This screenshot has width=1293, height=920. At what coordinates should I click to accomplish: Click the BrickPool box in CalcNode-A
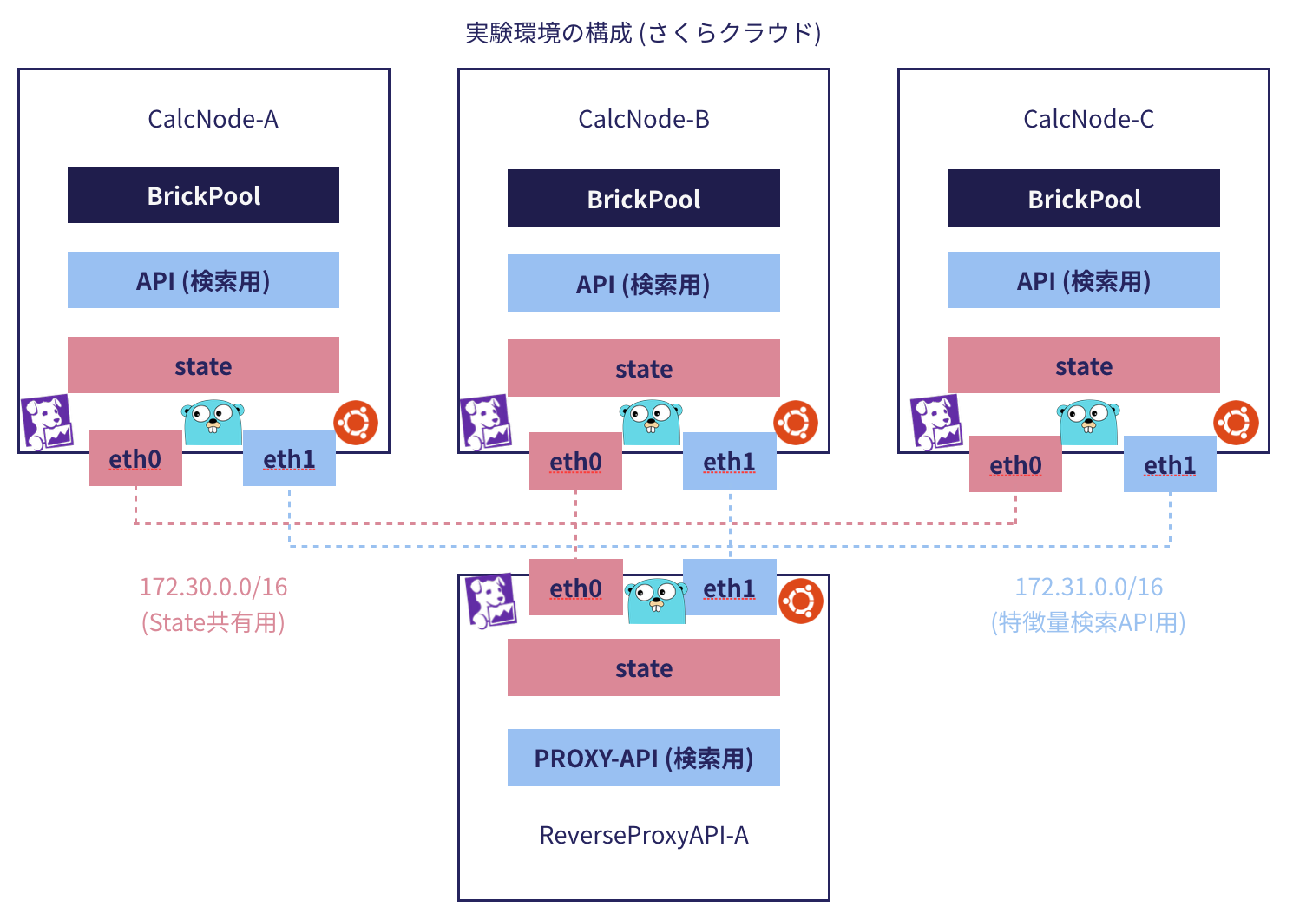click(203, 195)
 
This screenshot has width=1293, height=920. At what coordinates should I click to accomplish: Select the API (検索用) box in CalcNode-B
click(643, 283)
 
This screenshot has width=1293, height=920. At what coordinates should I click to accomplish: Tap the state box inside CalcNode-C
click(1084, 365)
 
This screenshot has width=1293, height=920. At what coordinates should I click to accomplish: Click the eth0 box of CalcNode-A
click(135, 458)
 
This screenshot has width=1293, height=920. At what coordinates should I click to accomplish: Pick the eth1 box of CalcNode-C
click(1169, 465)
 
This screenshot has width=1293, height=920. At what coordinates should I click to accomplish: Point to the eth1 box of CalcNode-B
click(729, 462)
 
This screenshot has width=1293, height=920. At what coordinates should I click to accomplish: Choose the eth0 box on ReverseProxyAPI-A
click(575, 588)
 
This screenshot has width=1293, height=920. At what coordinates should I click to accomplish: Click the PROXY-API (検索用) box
click(643, 758)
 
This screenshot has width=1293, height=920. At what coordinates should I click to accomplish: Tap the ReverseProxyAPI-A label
click(643, 835)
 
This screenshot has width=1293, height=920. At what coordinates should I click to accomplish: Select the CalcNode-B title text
click(643, 119)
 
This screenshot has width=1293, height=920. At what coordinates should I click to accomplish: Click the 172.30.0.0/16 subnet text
click(213, 588)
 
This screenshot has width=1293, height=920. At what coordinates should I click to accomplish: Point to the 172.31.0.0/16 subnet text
click(1088, 588)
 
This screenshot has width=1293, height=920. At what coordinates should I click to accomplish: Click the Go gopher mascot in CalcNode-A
click(213, 423)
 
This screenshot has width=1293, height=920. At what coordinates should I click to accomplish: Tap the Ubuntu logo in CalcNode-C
click(1235, 423)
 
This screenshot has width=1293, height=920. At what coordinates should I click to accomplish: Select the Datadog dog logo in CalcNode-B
click(485, 423)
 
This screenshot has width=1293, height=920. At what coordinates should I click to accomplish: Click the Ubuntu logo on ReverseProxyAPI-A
click(800, 601)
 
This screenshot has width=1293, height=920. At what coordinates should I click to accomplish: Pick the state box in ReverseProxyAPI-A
click(643, 667)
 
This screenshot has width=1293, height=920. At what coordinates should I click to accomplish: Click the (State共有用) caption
click(213, 622)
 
